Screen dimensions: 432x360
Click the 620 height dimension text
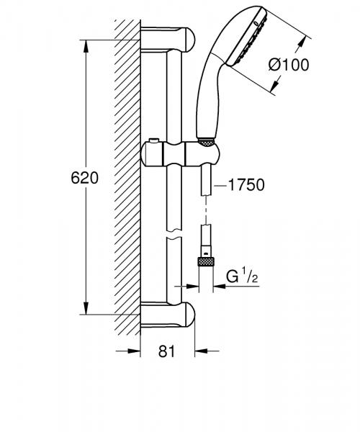85,177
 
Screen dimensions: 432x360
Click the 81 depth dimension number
166,353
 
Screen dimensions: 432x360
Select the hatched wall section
127,173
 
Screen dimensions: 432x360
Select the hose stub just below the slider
207,180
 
